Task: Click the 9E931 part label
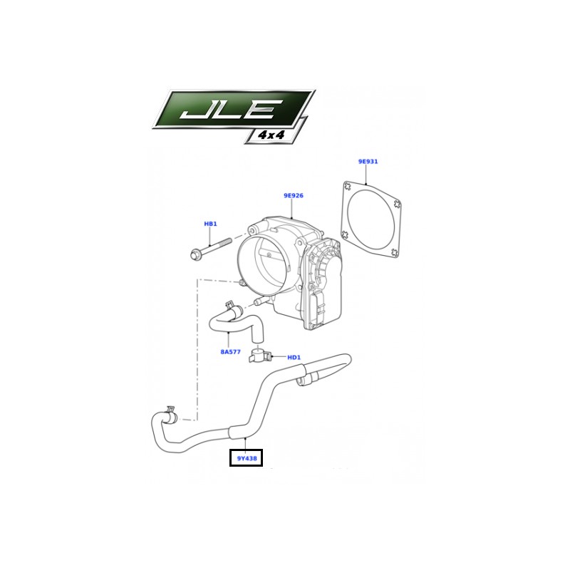pyautogui.click(x=368, y=162)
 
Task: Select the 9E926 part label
pyautogui.click(x=294, y=195)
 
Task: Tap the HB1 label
pyautogui.click(x=210, y=224)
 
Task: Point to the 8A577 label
pyautogui.click(x=230, y=351)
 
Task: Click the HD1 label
pyautogui.click(x=294, y=358)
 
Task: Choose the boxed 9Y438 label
pyautogui.click(x=246, y=457)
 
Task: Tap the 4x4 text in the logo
pyautogui.click(x=271, y=135)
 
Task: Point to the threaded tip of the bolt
pyautogui.click(x=228, y=241)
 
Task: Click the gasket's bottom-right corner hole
pyautogui.click(x=394, y=252)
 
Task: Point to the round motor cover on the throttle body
pyautogui.click(x=328, y=261)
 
